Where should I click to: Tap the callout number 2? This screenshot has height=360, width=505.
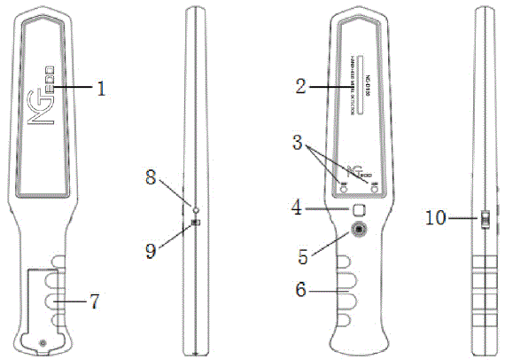[x=301, y=86]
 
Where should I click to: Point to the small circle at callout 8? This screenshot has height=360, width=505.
[x=194, y=209]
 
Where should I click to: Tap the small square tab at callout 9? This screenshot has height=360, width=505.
[x=196, y=223]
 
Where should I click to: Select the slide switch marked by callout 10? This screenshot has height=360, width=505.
[x=485, y=216]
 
